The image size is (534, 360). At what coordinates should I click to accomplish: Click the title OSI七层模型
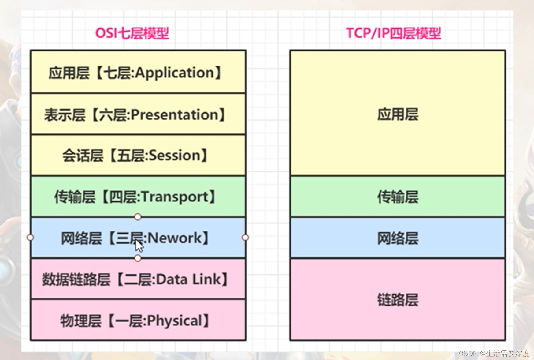coord(132,33)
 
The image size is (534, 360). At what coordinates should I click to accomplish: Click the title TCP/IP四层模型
coord(394,33)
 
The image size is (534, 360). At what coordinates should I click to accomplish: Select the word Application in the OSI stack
coord(175,73)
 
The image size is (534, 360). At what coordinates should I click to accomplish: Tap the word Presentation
coord(175,115)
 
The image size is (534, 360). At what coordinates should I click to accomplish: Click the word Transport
coord(175,197)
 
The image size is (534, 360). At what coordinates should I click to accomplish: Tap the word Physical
coord(175,321)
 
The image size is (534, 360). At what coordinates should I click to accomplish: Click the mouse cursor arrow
coord(139,246)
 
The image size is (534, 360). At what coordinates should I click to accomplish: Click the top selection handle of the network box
coord(138,217)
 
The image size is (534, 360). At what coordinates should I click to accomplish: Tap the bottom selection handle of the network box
coord(138,258)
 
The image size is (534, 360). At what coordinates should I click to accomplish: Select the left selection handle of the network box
coord(30,238)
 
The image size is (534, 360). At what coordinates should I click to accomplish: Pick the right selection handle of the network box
coord(245,238)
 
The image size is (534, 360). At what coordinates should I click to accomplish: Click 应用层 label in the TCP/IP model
coord(398,114)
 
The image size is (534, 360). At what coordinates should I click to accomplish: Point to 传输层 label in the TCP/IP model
coord(398,197)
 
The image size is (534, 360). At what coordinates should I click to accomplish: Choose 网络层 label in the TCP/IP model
coord(398,238)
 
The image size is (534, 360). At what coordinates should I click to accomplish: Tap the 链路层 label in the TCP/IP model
coord(398,300)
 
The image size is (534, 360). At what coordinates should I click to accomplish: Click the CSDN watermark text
coord(494,354)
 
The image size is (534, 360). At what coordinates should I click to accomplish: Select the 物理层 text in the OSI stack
coord(80,321)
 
